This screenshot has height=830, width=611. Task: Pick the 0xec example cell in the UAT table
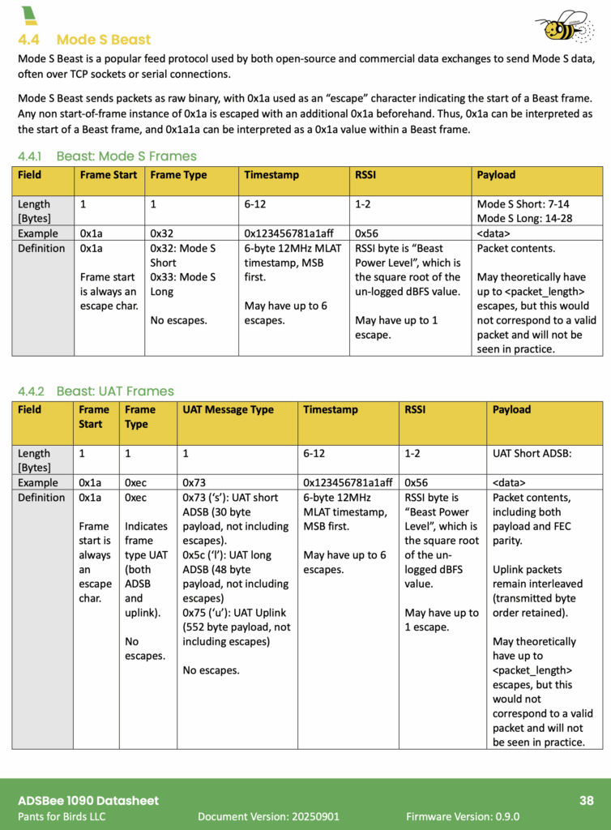pyautogui.click(x=135, y=482)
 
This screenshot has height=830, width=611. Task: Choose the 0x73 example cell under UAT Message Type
pyautogui.click(x=195, y=482)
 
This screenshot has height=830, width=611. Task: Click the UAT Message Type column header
pyautogui.click(x=229, y=410)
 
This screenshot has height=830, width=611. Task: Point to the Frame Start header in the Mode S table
pyautogui.click(x=109, y=175)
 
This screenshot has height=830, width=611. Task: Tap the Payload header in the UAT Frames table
pyautogui.click(x=511, y=410)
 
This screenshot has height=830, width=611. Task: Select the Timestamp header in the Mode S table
pyautogui.click(x=271, y=175)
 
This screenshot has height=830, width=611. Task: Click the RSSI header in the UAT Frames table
pyautogui.click(x=416, y=410)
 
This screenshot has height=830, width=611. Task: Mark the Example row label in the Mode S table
pyautogui.click(x=38, y=233)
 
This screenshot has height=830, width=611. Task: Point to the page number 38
pyautogui.click(x=587, y=801)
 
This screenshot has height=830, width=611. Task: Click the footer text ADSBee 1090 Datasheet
pyautogui.click(x=88, y=801)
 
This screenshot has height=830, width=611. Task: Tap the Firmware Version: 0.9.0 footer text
pyautogui.click(x=463, y=817)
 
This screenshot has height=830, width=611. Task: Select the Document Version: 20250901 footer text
pyautogui.click(x=268, y=817)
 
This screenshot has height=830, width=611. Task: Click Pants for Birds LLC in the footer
pyautogui.click(x=62, y=817)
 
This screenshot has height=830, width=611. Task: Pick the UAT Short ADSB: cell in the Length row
pyautogui.click(x=532, y=454)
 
